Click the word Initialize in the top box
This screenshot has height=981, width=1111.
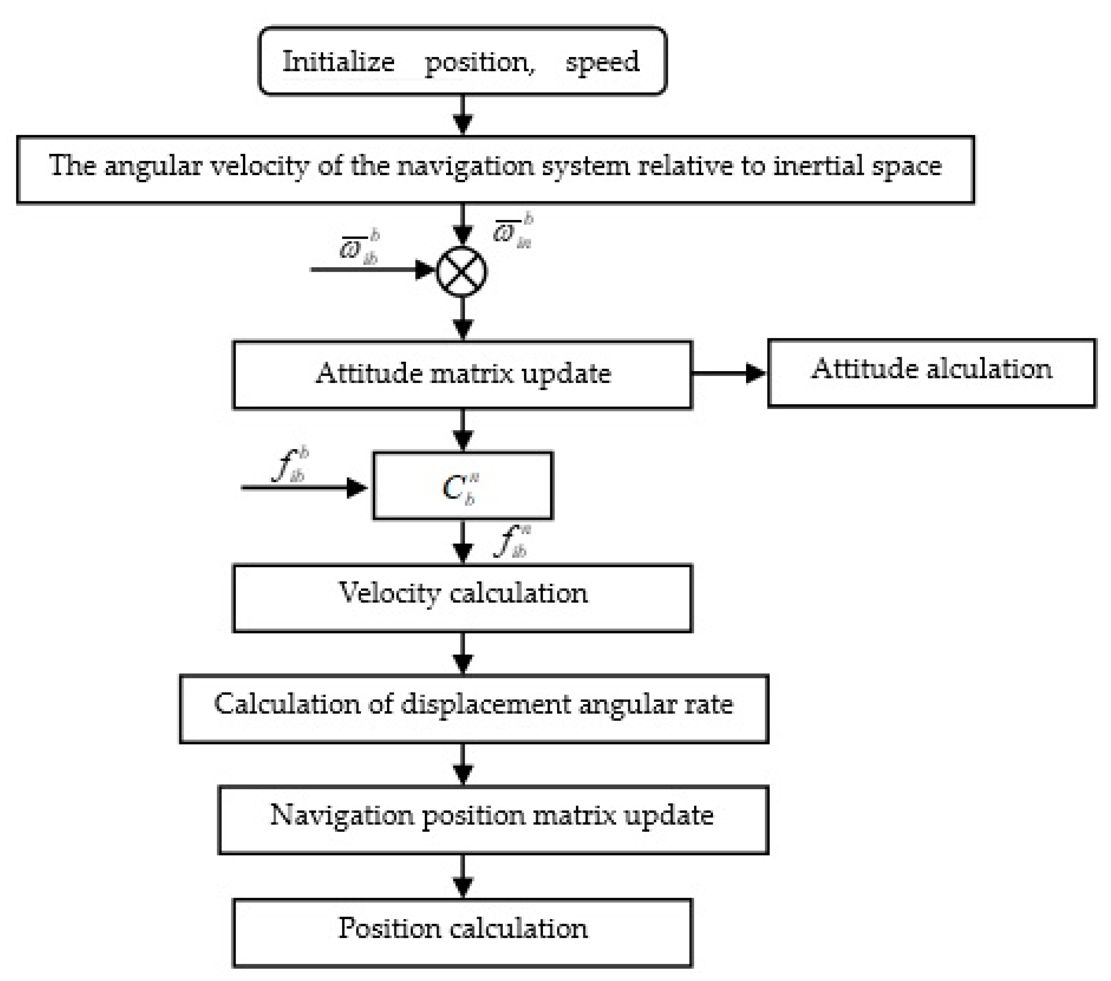coord(338,61)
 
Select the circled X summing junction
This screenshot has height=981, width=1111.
coord(462,271)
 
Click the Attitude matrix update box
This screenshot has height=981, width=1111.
coord(462,374)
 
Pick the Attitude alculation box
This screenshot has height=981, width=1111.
coord(932,373)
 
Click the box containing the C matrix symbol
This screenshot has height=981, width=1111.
coord(463,486)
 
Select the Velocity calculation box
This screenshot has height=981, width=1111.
coord(462,598)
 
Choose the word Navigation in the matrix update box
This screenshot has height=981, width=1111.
coord(342,815)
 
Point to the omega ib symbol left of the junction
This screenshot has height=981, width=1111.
coord(359,247)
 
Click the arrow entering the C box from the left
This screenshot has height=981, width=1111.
coord(304,487)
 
